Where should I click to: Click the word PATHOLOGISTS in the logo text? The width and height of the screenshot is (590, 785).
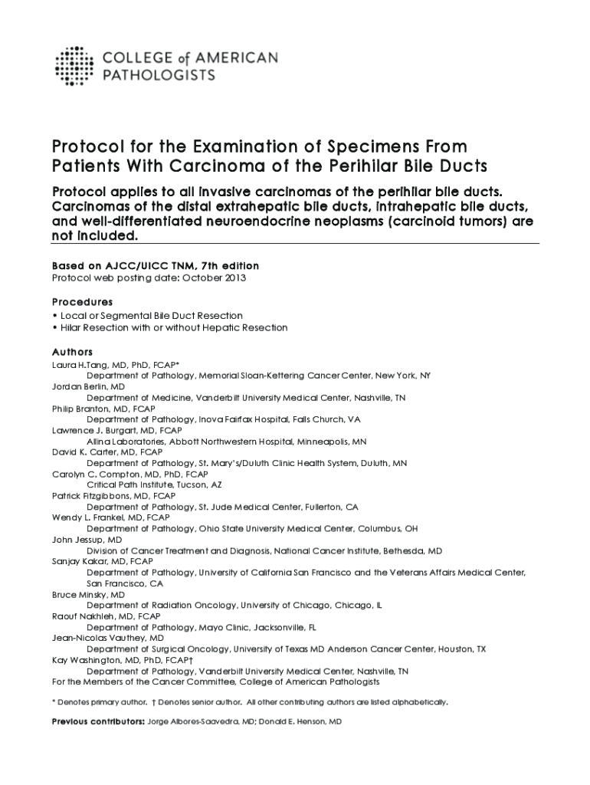pyautogui.click(x=158, y=75)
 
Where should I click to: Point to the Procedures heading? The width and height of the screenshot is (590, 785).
pyautogui.click(x=82, y=302)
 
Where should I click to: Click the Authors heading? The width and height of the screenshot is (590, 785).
pyautogui.click(x=72, y=352)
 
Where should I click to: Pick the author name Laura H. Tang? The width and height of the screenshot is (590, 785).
pyautogui.click(x=82, y=365)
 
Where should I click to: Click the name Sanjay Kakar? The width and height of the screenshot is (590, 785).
pyautogui.click(x=80, y=561)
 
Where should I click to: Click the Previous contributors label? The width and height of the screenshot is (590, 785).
pyautogui.click(x=97, y=721)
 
